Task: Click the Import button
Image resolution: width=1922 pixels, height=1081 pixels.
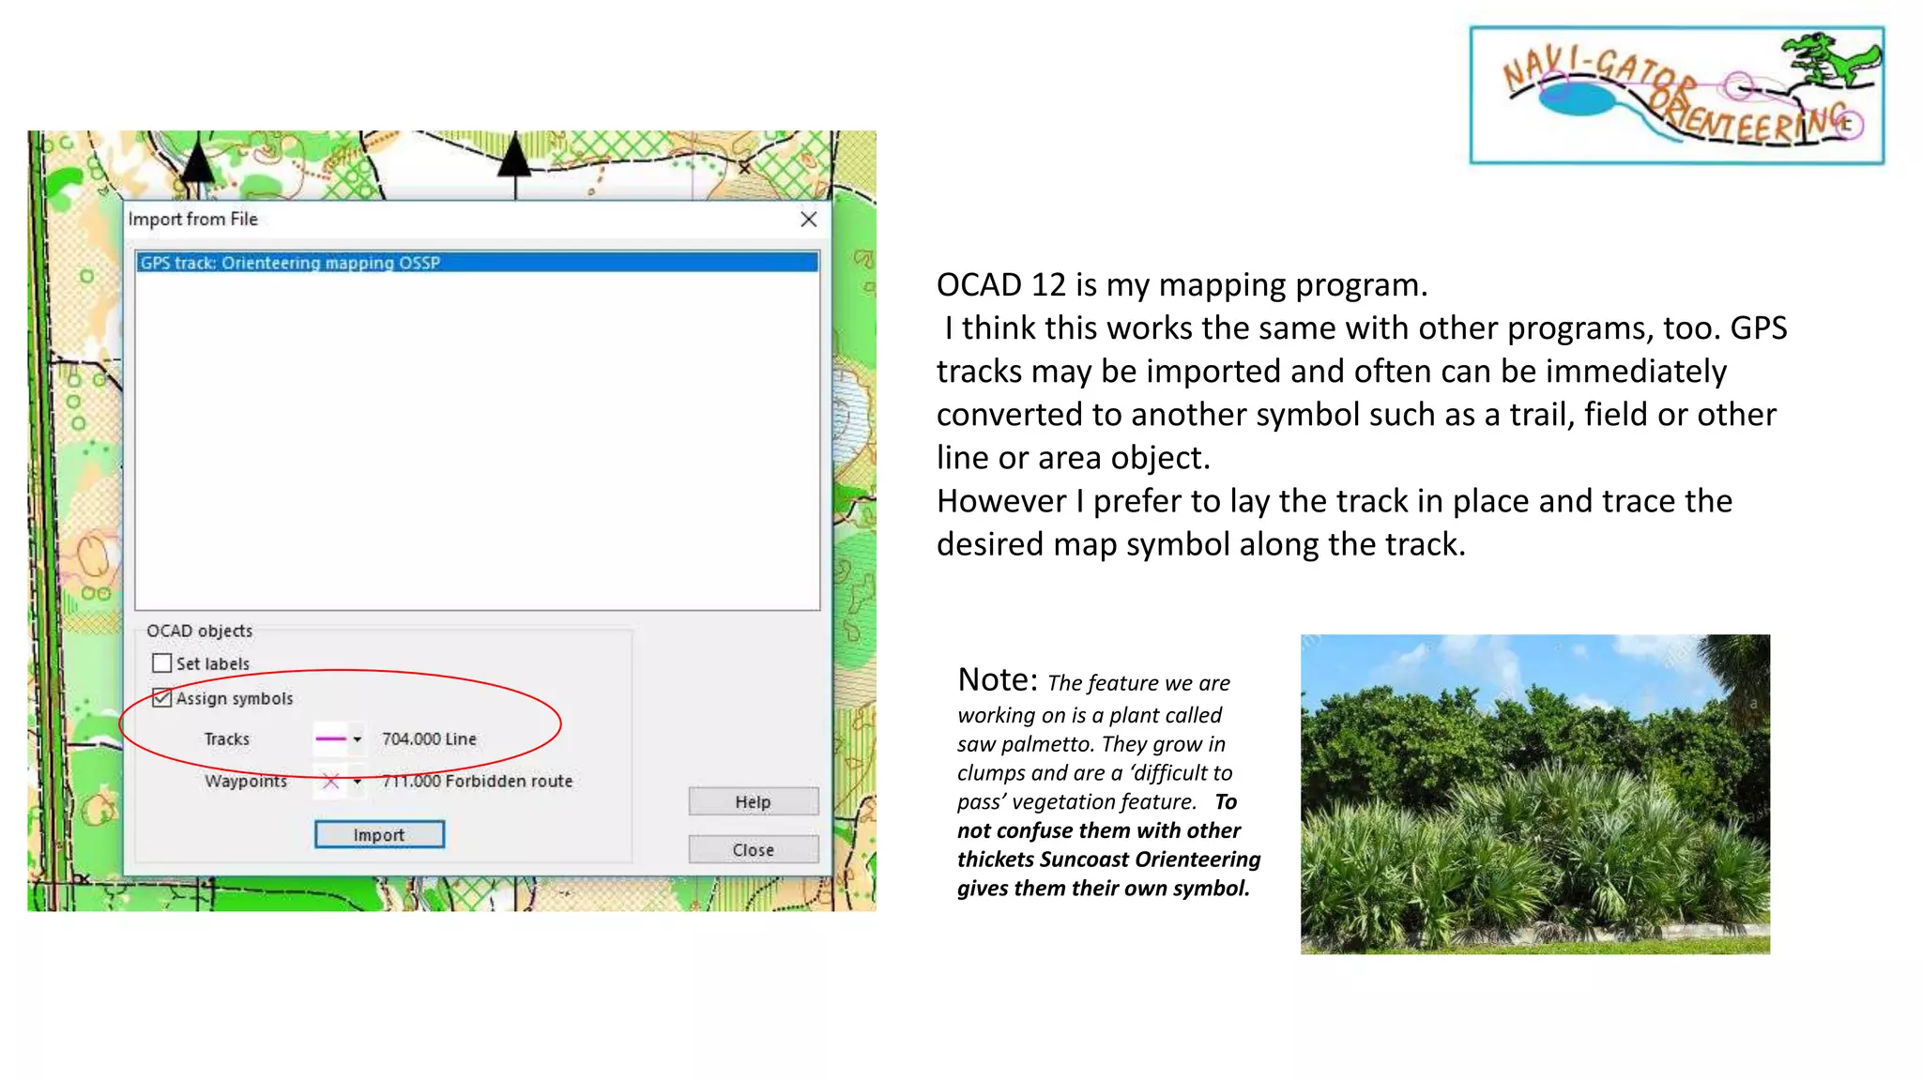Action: (379, 834)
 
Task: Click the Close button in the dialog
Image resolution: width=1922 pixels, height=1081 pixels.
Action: (753, 849)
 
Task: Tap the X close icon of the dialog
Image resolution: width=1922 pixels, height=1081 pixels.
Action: (808, 220)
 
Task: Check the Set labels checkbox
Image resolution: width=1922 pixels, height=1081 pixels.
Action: (162, 663)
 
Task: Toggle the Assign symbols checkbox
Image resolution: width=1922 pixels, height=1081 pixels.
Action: (162, 698)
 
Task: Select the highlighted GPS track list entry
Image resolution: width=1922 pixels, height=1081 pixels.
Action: (477, 263)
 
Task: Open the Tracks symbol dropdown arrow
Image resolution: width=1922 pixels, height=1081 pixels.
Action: (358, 739)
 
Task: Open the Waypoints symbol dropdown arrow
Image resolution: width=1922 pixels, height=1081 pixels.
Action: (358, 781)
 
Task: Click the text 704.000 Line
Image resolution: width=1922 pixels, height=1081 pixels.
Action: (429, 739)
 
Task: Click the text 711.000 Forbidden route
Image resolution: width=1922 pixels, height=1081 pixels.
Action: (477, 781)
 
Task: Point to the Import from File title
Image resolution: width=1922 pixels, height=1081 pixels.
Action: (192, 220)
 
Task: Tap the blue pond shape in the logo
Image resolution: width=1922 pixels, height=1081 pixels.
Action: (1581, 99)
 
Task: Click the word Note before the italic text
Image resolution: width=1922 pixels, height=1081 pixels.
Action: (997, 679)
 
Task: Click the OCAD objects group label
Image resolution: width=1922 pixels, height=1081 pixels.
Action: (199, 631)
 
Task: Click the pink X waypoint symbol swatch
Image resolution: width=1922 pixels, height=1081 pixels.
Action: (330, 781)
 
